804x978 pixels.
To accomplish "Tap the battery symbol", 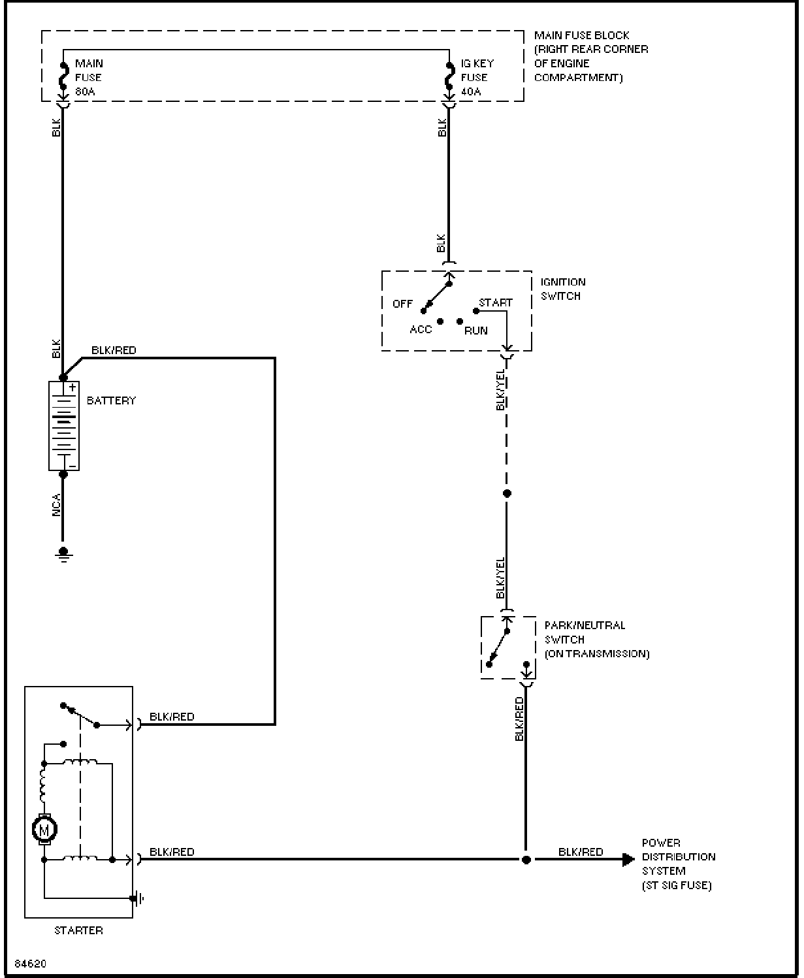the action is pyautogui.click(x=63, y=425).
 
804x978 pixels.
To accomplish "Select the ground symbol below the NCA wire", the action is pyautogui.click(x=63, y=554).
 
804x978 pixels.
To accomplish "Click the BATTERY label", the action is pyautogui.click(x=111, y=400).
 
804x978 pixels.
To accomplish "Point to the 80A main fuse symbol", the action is pyautogui.click(x=63, y=76).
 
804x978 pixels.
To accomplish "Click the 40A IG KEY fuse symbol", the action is pyautogui.click(x=449, y=76).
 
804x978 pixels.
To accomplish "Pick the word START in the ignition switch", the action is pyautogui.click(x=496, y=303).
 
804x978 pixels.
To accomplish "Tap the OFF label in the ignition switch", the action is pyautogui.click(x=402, y=304).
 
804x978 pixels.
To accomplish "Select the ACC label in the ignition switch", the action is pyautogui.click(x=421, y=330).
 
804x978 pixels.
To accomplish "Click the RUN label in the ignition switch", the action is pyautogui.click(x=475, y=331).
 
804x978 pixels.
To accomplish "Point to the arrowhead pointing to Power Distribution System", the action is pyautogui.click(x=628, y=860).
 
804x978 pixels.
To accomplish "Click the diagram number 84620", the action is pyautogui.click(x=31, y=964).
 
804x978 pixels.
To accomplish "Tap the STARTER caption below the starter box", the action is pyautogui.click(x=78, y=931).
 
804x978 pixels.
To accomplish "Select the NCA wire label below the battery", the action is pyautogui.click(x=56, y=506).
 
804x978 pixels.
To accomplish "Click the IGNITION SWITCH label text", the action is pyautogui.click(x=563, y=289).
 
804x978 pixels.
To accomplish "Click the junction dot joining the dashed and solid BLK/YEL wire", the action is pyautogui.click(x=507, y=493).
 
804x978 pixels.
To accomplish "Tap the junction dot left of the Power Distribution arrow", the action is pyautogui.click(x=526, y=860).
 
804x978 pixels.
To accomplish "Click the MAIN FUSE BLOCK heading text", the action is pyautogui.click(x=581, y=36).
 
